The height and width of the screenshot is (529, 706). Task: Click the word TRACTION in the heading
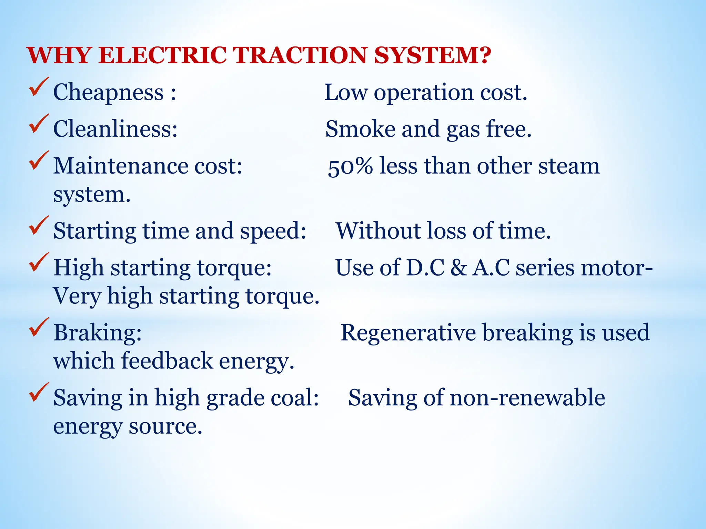299,55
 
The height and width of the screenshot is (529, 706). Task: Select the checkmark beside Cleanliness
39,124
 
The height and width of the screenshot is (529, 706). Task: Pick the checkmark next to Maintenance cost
39,161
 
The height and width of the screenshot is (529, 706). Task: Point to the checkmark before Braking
39,328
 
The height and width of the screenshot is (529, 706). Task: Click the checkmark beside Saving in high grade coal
39,393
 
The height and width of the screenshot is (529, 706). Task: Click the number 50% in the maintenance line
350,167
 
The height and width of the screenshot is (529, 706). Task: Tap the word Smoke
360,129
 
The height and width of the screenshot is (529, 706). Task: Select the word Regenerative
408,333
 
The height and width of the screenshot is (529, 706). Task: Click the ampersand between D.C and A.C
458,268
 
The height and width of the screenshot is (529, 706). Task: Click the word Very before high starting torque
77,296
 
